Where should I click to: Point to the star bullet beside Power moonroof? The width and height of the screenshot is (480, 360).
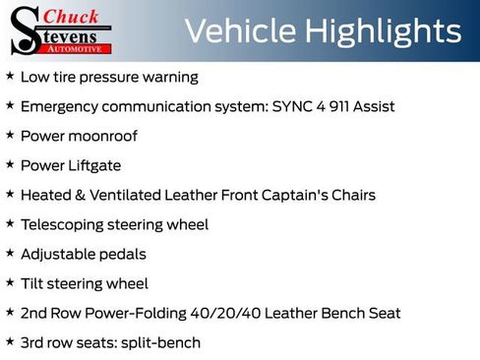10,135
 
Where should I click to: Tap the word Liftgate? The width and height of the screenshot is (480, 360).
94,165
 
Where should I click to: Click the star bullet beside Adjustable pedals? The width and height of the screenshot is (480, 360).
10,253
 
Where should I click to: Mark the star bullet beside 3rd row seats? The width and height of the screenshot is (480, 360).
10,341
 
